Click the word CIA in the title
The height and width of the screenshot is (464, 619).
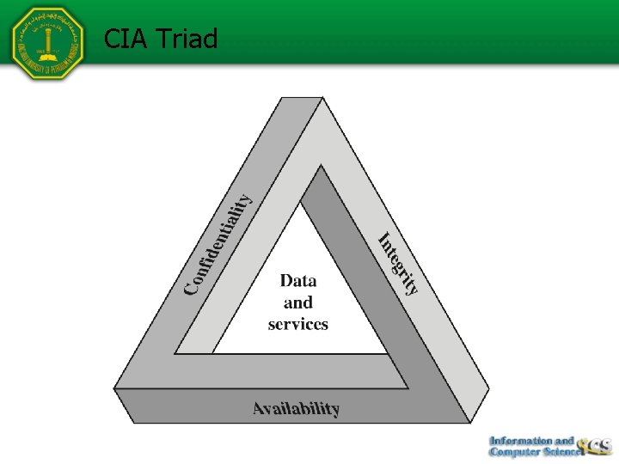(x=124, y=39)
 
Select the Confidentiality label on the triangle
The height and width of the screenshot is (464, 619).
(x=220, y=242)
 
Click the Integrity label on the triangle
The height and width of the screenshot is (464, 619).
(x=399, y=264)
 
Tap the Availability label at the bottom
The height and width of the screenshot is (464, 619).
(x=296, y=409)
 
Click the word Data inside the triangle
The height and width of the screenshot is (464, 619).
(x=298, y=280)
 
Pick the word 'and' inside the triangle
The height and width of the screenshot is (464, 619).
(x=298, y=302)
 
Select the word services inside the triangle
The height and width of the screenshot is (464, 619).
(x=298, y=324)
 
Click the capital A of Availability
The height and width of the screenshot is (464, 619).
(x=259, y=409)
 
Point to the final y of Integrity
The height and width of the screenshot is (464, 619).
(x=414, y=287)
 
